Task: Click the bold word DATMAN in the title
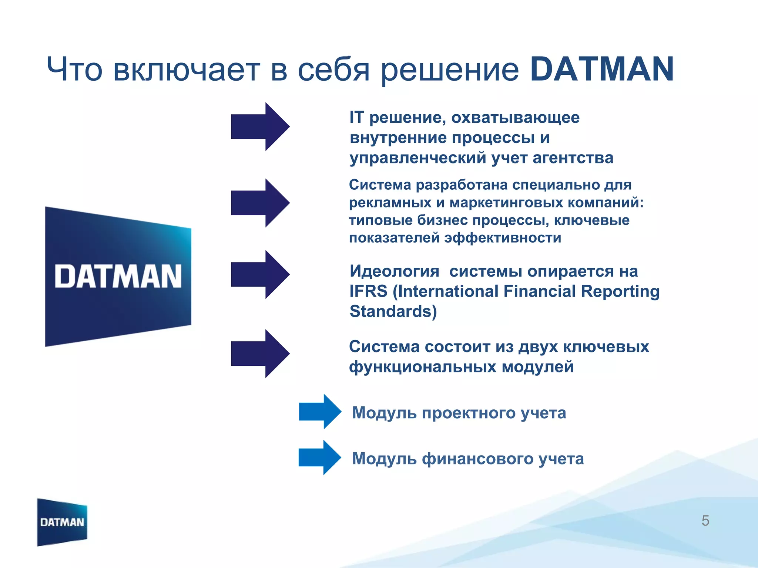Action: tap(601, 70)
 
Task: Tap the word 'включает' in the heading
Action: tap(187, 70)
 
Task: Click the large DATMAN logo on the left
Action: tap(118, 276)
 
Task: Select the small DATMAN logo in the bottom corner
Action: tap(62, 522)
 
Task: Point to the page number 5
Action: tap(705, 521)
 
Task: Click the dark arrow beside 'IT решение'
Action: tap(260, 126)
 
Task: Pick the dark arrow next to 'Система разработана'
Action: tap(260, 203)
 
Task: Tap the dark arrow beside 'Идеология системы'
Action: tap(260, 274)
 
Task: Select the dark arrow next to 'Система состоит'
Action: tap(260, 354)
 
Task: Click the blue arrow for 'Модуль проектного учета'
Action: tap(320, 412)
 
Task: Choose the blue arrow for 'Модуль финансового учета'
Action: tap(320, 457)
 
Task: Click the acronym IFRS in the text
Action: tap(369, 291)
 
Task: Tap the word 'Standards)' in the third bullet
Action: tap(393, 311)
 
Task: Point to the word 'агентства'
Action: tap(573, 158)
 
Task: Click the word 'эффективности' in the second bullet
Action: tap(503, 238)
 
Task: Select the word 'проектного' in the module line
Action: tap(469, 413)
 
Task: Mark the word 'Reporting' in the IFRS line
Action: tap(620, 291)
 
